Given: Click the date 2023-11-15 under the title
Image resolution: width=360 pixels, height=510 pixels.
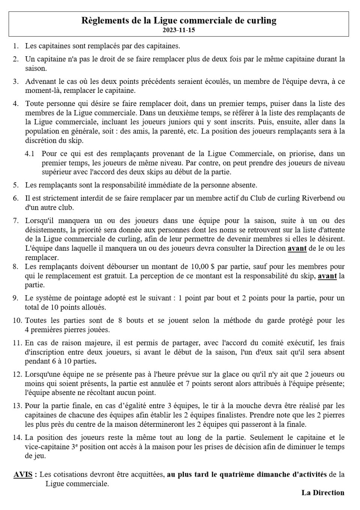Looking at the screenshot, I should pos(179,30).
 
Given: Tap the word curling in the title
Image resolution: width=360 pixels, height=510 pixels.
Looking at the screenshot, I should pos(262,21).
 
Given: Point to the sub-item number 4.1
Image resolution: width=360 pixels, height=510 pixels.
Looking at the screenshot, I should pos(30,154).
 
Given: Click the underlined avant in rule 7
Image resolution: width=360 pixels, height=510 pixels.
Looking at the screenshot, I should pos(297,248).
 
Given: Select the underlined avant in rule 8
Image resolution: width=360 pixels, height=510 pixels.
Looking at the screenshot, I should pos(327,276).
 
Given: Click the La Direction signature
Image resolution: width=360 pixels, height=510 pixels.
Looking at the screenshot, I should pos(323,493).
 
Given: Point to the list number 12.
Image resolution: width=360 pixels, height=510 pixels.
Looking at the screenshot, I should pos(17,374).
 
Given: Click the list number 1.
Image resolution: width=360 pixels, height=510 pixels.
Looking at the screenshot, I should pos(16,46).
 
